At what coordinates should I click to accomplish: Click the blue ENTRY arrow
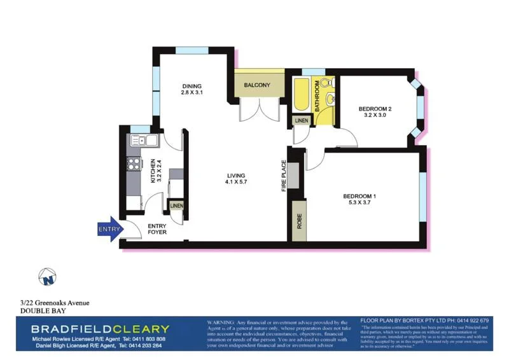click(x=108, y=229)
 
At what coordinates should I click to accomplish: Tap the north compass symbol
click(x=46, y=277)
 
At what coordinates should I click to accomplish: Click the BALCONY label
click(x=257, y=85)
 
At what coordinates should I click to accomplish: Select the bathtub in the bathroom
click(x=301, y=96)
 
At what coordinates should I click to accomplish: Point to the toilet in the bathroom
click(x=326, y=85)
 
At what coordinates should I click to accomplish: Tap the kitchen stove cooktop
click(x=134, y=164)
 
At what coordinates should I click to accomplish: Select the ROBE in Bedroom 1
click(x=298, y=221)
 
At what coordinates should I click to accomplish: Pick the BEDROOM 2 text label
click(x=375, y=109)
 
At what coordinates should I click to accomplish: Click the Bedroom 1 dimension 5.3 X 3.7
click(x=361, y=203)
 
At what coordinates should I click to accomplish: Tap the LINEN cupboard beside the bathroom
click(x=301, y=120)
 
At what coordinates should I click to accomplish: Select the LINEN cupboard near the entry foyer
click(x=176, y=206)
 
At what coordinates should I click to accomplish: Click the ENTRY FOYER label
click(x=157, y=229)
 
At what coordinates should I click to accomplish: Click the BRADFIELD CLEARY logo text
click(x=101, y=328)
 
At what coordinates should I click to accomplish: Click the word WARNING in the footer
click(x=220, y=323)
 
